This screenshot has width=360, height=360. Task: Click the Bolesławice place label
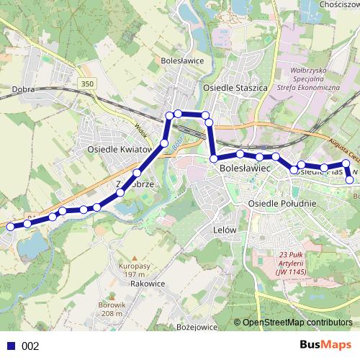click(184, 60)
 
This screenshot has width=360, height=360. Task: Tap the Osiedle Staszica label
click(235, 87)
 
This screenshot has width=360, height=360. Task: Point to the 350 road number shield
click(87, 84)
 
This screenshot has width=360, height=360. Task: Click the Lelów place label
click(225, 230)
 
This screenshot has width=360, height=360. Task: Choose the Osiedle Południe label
click(282, 204)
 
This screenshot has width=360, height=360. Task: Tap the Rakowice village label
click(148, 284)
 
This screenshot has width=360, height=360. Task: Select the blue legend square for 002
click(11, 346)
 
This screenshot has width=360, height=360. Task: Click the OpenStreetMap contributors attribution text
click(297, 322)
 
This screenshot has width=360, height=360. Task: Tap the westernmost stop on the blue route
click(10, 227)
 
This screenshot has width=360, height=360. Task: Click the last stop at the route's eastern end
click(351, 180)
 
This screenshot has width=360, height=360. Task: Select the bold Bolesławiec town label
click(243, 167)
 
